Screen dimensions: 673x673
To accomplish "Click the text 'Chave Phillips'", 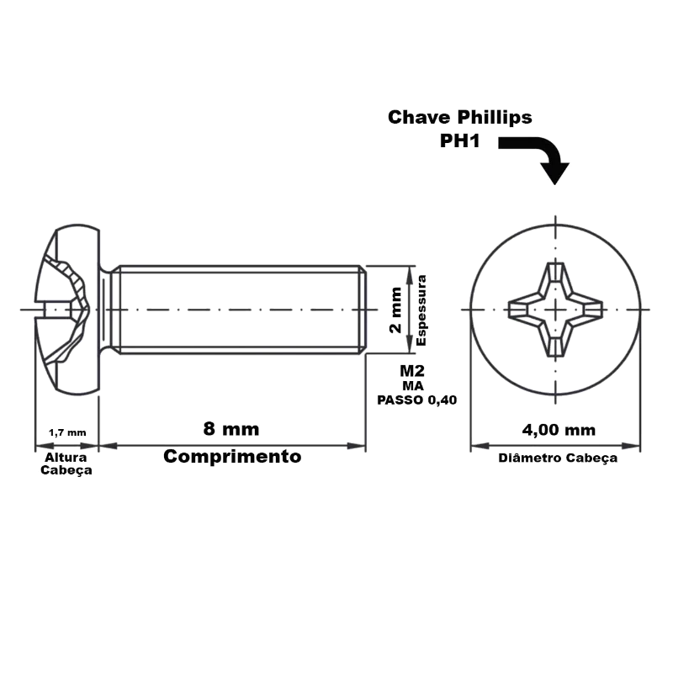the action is (459, 117).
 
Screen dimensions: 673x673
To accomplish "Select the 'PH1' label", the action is (459, 140).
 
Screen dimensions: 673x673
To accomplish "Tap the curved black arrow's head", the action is (555, 173).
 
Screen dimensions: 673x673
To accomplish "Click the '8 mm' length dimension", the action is (231, 429).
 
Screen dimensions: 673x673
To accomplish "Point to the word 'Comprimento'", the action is (232, 456).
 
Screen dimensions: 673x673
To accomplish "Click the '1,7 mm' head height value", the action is (67, 432).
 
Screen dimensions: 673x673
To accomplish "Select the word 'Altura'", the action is (66, 457).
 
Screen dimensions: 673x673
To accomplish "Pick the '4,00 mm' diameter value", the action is (559, 430).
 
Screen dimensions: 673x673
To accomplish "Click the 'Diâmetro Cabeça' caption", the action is (558, 458).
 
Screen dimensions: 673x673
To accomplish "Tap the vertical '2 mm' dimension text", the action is (395, 310).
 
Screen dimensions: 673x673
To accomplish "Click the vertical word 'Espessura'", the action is (421, 310).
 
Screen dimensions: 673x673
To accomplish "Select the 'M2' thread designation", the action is (412, 370).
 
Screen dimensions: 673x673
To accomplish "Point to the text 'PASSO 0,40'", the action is (416, 400).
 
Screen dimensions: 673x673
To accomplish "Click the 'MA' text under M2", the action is (413, 386).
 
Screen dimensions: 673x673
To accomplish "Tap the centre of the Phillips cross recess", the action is (556, 310).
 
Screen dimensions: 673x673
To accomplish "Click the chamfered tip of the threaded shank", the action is (363, 310).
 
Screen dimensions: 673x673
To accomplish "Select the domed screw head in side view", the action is (67, 310).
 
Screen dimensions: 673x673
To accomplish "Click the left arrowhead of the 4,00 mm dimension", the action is (480, 446).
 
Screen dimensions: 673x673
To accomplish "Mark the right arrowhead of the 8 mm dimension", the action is (356, 446).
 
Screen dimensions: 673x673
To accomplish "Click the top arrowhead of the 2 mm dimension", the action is (410, 275).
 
